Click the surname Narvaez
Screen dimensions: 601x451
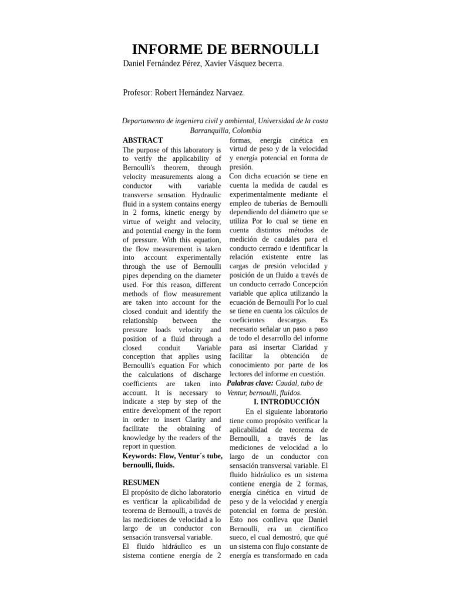point(228,93)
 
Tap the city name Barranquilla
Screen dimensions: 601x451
point(209,130)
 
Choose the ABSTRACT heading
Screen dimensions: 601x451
point(143,140)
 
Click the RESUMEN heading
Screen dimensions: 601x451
point(141,482)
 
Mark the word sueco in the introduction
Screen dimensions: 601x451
point(240,537)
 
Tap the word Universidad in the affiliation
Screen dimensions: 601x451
point(268,120)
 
